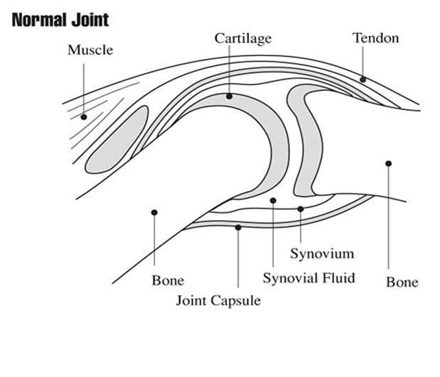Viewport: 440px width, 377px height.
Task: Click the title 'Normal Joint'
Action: pyautogui.click(x=60, y=19)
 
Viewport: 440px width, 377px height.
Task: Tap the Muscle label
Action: pyautogui.click(x=90, y=50)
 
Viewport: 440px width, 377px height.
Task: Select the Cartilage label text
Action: pyautogui.click(x=243, y=38)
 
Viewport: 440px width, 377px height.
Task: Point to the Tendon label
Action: pyautogui.click(x=376, y=38)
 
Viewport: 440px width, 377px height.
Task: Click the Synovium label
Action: pyautogui.click(x=322, y=253)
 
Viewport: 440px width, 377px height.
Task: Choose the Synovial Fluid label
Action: pyautogui.click(x=308, y=277)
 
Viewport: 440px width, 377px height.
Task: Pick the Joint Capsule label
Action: pyautogui.click(x=218, y=300)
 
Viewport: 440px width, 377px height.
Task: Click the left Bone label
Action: pyautogui.click(x=168, y=280)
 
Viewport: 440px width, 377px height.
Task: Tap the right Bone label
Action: pyautogui.click(x=402, y=282)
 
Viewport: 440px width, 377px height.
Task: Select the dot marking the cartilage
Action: pyautogui.click(x=229, y=96)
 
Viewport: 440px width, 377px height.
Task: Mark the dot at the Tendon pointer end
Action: pyautogui.click(x=363, y=80)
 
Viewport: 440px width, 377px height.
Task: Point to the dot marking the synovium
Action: pyautogui.click(x=301, y=209)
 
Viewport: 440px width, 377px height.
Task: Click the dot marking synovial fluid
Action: pyautogui.click(x=274, y=201)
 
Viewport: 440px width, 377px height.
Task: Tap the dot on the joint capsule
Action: pyautogui.click(x=238, y=227)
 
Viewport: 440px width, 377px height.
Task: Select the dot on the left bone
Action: pyautogui.click(x=154, y=212)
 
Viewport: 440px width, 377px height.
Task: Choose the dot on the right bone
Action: pyautogui.click(x=389, y=164)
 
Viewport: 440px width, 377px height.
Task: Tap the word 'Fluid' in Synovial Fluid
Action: pyautogui.click(x=336, y=277)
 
